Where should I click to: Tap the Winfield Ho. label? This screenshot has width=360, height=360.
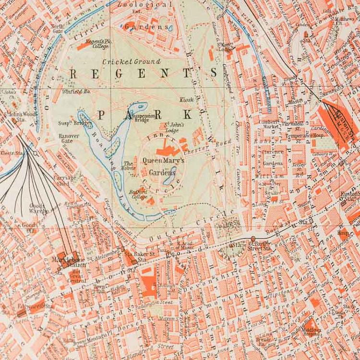77,91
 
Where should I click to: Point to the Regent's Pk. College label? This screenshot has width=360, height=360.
97,45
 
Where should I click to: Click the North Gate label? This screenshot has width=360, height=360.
57,29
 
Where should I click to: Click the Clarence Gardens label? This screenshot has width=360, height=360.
273,159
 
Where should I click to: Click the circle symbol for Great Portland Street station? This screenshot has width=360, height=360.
253,239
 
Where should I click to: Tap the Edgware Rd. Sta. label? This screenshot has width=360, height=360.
35,306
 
